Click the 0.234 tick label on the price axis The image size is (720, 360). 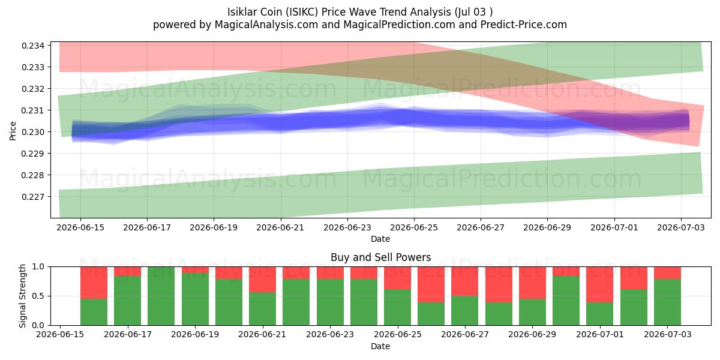coord(33,46)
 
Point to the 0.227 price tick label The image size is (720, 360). coord(33,197)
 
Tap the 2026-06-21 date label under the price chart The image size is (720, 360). coord(280,227)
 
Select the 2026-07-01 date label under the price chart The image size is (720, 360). coord(614,227)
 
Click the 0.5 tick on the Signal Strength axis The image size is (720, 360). coord(38,296)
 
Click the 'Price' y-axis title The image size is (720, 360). coord(13,131)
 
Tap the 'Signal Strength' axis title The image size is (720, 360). coord(22,296)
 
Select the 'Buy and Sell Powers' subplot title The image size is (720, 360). coord(380,257)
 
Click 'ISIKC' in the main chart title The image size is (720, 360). coord(304,12)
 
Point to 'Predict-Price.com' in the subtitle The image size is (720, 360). coord(524,25)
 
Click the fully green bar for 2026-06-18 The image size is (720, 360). coord(161,296)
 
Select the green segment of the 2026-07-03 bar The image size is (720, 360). coord(667,302)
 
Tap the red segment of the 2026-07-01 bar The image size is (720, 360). coord(600,284)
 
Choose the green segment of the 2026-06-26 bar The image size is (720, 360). coord(465,311)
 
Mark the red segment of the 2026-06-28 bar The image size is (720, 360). coord(532,283)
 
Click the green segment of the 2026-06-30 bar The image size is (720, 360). coord(566,301)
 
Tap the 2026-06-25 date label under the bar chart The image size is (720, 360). coord(398,335)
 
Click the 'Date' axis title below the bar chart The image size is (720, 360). coord(380,347)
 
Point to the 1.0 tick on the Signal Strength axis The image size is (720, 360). coord(38,267)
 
